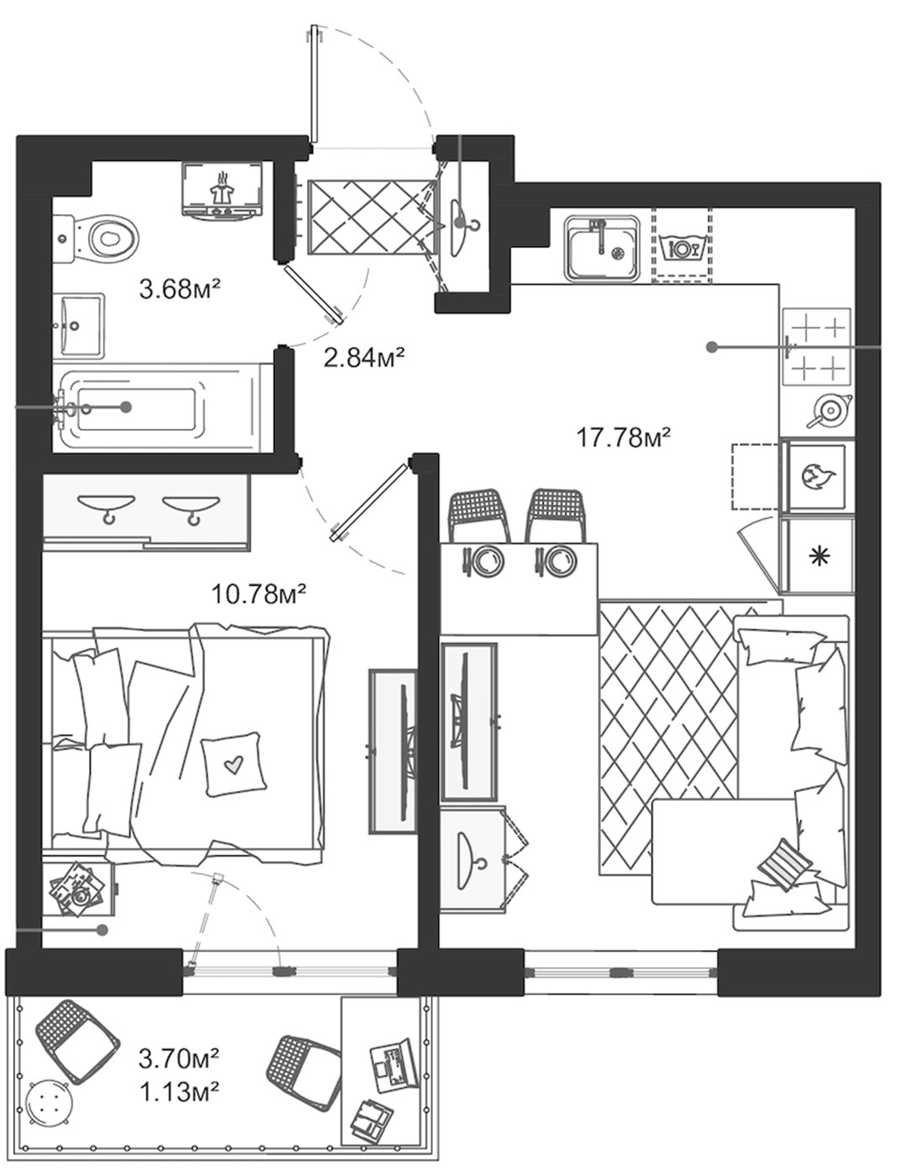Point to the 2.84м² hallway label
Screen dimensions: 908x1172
[364, 357]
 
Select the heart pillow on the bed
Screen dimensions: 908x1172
[233, 763]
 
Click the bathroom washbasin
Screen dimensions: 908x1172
[79, 326]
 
